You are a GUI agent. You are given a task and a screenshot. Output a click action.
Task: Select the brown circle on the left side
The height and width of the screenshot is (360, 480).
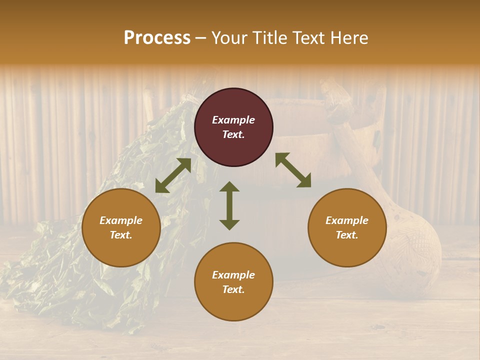[121, 227]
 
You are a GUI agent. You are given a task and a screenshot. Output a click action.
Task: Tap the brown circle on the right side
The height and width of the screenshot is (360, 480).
[347, 227]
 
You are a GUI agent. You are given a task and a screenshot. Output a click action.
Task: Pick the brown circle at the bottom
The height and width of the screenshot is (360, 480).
[233, 282]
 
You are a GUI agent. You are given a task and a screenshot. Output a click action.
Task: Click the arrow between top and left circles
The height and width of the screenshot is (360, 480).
[173, 175]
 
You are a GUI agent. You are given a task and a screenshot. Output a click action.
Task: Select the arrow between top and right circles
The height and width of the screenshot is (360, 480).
[293, 170]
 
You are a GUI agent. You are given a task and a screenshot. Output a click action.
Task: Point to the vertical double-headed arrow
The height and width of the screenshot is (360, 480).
[229, 205]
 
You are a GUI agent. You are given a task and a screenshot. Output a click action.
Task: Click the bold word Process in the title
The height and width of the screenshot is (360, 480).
[157, 38]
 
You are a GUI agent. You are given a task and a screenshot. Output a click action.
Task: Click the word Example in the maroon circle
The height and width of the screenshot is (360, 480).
[233, 120]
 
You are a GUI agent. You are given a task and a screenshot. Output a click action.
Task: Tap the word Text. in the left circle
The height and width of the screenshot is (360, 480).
[121, 235]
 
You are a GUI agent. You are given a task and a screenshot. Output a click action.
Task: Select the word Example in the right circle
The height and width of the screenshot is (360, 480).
[347, 220]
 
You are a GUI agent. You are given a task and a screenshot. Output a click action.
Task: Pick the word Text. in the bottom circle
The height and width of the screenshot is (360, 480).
[233, 289]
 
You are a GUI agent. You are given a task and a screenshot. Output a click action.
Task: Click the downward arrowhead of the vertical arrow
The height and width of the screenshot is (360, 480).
[229, 224]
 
